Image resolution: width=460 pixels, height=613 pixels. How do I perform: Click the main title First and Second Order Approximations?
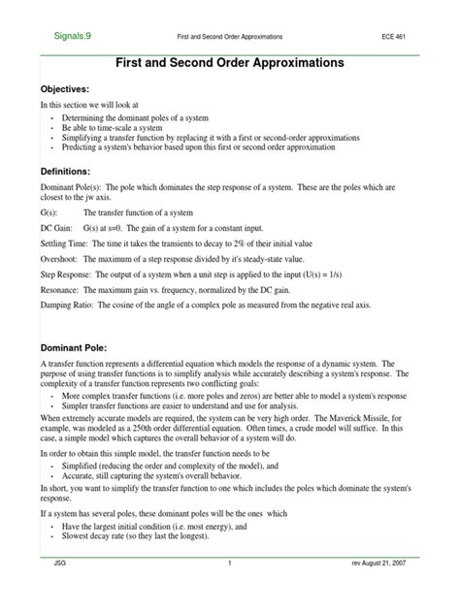(x=230, y=62)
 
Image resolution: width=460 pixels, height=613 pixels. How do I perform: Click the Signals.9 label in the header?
(x=71, y=35)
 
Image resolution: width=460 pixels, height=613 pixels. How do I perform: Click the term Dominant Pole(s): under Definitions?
(x=73, y=189)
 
